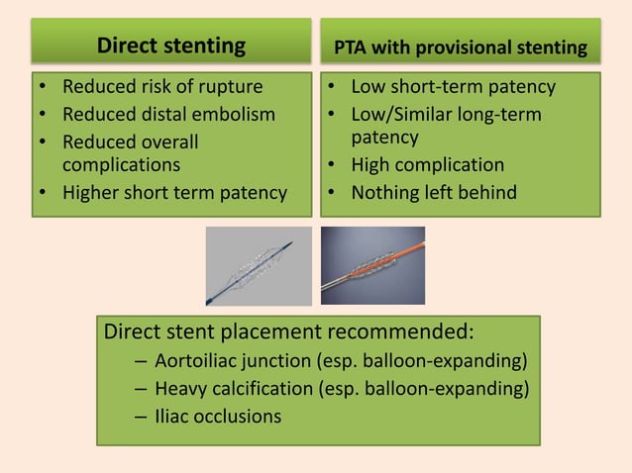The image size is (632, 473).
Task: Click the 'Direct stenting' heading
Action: point(170,46)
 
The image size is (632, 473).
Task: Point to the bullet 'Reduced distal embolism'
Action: point(168,114)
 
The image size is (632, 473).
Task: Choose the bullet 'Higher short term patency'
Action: point(174,192)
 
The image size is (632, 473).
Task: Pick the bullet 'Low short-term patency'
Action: point(453,87)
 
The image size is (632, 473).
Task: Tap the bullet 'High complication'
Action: point(427,165)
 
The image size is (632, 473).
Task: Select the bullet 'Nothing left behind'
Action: point(433,192)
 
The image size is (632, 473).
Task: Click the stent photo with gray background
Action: point(257,266)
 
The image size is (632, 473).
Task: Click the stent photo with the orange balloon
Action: point(372,266)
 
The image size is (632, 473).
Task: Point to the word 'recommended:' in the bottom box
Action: point(405,331)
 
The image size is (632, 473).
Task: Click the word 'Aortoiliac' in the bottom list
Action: point(202,358)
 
